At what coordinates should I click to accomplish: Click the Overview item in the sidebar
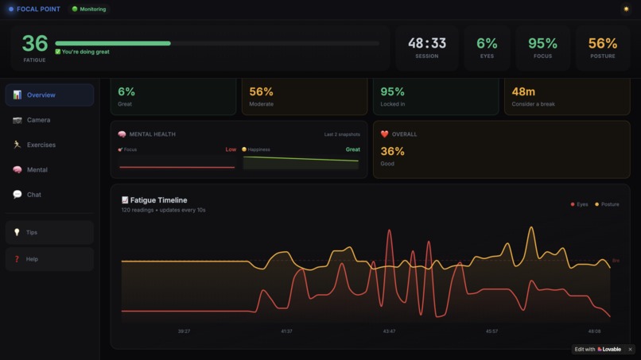click(x=49, y=95)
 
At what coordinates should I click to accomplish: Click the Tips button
click(x=49, y=232)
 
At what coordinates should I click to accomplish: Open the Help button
click(x=49, y=259)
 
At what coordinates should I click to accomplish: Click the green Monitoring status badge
click(x=89, y=10)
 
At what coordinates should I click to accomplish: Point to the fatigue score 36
click(x=34, y=44)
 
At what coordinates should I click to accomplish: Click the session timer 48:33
click(x=427, y=44)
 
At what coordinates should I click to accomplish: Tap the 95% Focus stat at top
click(x=542, y=44)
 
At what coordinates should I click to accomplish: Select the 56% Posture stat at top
click(x=602, y=44)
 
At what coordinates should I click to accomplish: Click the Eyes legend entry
click(x=579, y=204)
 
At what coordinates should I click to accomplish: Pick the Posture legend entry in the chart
click(x=607, y=204)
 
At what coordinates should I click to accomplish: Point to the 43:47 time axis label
click(x=389, y=331)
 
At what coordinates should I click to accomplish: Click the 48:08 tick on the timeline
click(x=594, y=331)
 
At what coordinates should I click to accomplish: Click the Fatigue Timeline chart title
click(x=158, y=200)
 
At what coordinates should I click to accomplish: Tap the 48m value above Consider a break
click(x=523, y=92)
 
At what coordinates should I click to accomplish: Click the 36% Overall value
click(x=392, y=151)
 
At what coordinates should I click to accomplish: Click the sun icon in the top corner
click(x=626, y=10)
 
